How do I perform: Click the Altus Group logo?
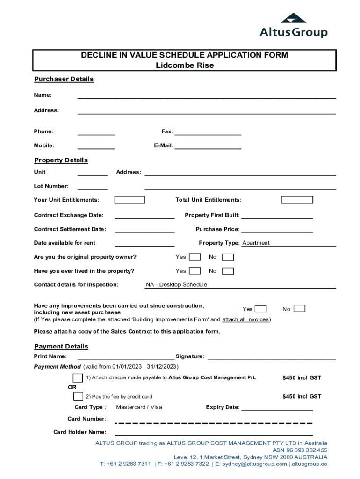coord(294,26)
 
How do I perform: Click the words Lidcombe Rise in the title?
coord(185,65)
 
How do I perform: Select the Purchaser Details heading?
coord(64,79)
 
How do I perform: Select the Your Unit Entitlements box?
coord(130,200)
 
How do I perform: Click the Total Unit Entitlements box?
coord(297,200)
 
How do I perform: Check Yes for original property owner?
coord(195,257)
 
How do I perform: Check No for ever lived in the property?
coord(228,271)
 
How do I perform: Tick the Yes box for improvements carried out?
coord(261,309)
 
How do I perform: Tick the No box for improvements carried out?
coord(299,309)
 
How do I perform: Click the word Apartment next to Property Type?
coord(256,243)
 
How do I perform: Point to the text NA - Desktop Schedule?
coord(176,284)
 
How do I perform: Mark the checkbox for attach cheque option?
coord(78,378)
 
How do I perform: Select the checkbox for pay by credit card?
coord(78,397)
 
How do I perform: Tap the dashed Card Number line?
coord(213,423)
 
